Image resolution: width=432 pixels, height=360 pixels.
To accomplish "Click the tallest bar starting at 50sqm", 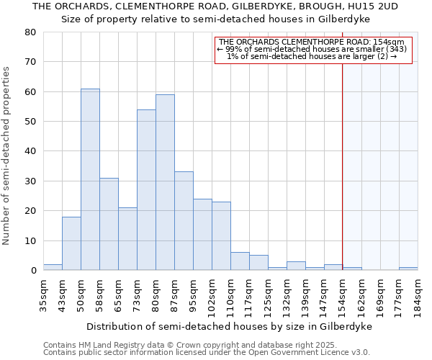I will pos(90,179).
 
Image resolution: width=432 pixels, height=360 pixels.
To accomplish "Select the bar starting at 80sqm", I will pos(165,182).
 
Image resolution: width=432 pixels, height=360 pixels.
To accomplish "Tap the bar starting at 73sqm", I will pos(146,190).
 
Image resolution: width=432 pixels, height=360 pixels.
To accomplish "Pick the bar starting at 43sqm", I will pos(71,243).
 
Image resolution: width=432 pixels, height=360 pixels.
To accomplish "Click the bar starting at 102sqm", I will pos(221,236).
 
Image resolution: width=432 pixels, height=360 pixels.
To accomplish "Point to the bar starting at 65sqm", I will pos(127,239).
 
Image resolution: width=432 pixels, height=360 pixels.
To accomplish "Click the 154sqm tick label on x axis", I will pos(343,294).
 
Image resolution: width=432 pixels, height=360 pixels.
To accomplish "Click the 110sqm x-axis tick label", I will pos(231,294).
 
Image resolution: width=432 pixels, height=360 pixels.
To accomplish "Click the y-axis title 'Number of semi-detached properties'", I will pos(7,156).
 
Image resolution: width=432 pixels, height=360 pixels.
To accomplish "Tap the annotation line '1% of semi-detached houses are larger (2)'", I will pos(312,56).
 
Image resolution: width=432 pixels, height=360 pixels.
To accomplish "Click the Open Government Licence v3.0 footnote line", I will pos(207,352).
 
